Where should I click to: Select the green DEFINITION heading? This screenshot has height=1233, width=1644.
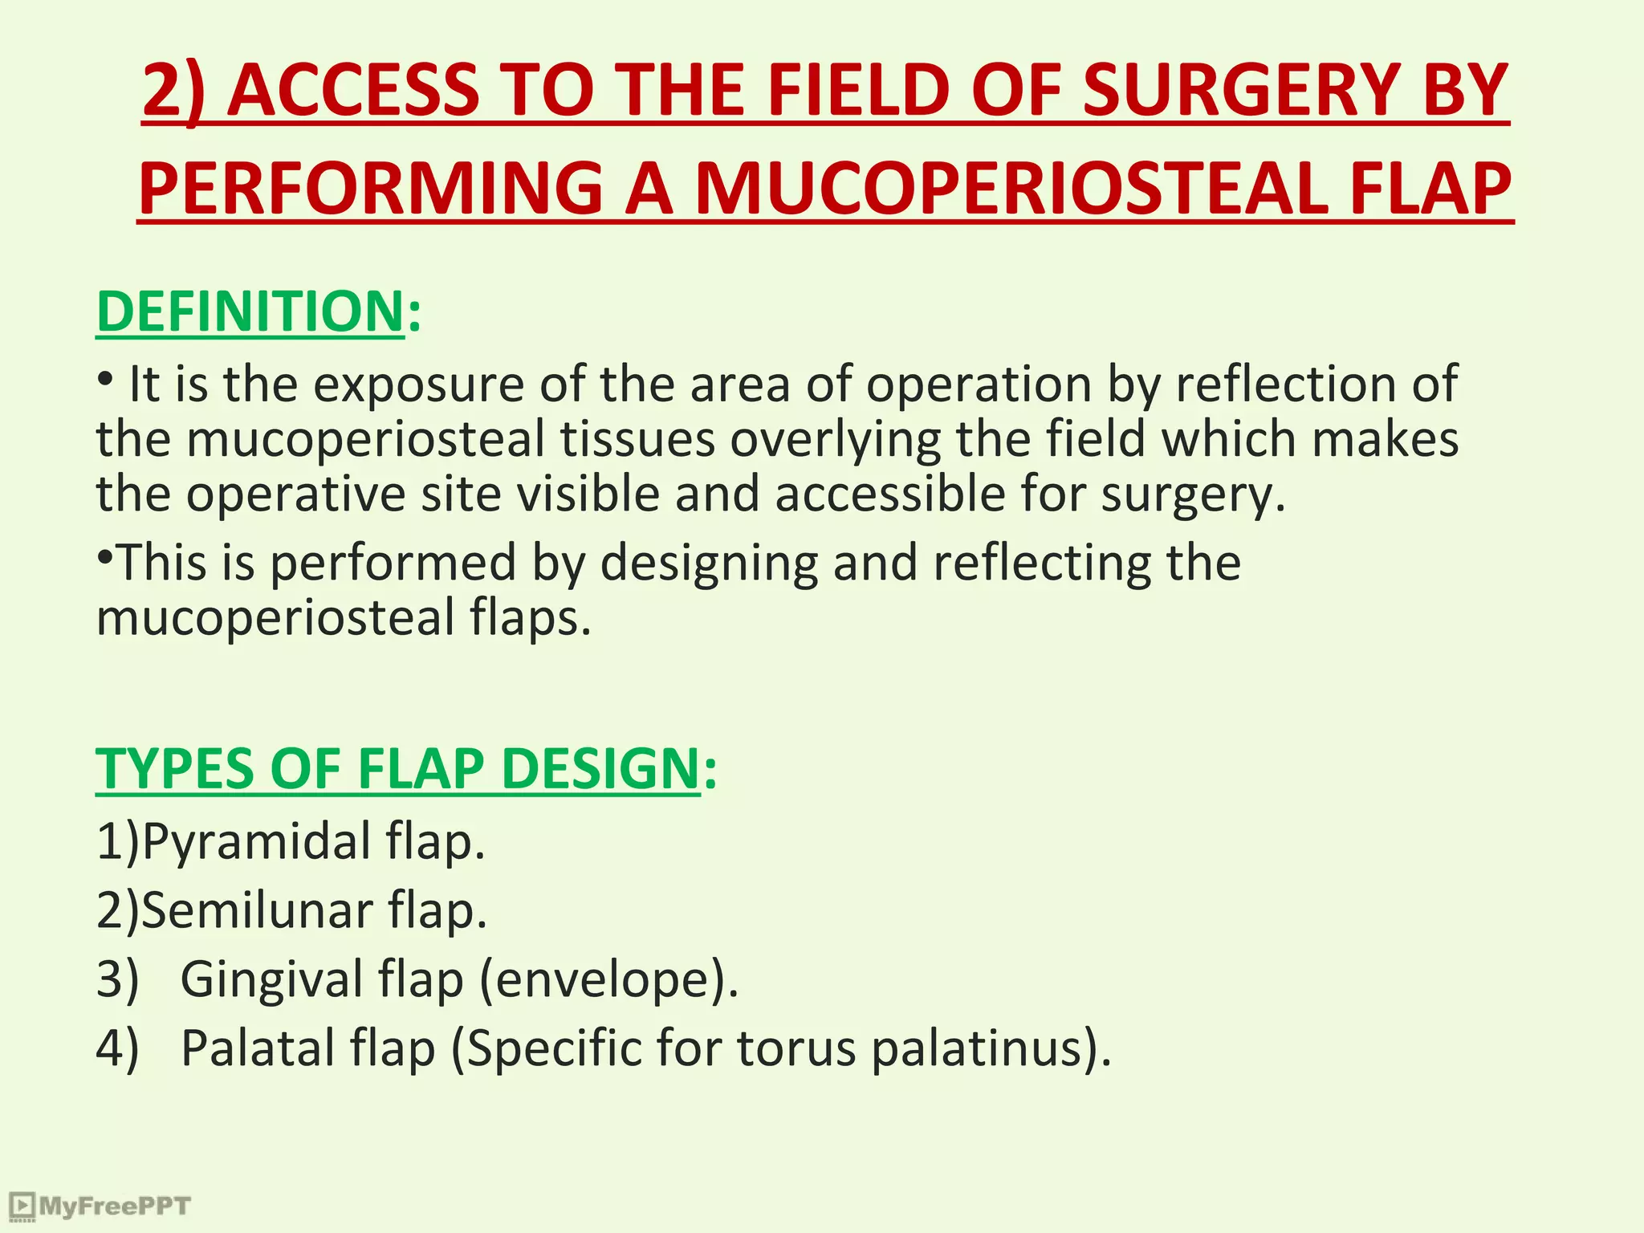pos(250,311)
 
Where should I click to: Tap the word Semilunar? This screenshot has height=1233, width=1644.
pos(257,911)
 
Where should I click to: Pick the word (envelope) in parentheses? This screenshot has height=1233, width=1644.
pos(608,980)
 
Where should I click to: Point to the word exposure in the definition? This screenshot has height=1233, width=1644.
pos(418,385)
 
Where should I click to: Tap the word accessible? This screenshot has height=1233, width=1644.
pos(890,494)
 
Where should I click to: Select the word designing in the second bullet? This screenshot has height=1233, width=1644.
pos(709,564)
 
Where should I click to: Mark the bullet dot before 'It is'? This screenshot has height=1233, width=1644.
pos(104,377)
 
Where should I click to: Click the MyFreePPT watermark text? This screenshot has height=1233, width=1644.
pos(114,1206)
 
